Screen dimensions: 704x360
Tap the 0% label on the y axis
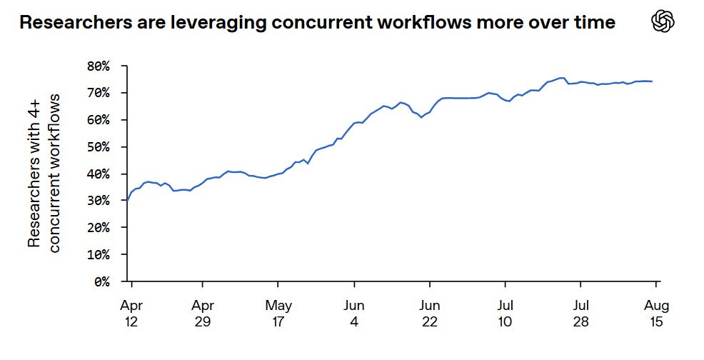click(x=101, y=282)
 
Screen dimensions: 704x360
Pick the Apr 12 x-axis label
click(x=131, y=314)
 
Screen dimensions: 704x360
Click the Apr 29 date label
click(x=203, y=314)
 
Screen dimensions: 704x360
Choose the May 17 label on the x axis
click(x=278, y=314)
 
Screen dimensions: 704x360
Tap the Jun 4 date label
click(x=354, y=314)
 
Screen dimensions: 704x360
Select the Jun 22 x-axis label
click(x=430, y=314)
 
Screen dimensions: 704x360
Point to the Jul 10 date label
click(x=505, y=314)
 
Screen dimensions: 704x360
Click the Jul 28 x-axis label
click(x=580, y=314)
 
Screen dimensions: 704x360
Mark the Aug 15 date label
click(x=656, y=314)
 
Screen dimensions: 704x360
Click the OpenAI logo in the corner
click(x=663, y=21)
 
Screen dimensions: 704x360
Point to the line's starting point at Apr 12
click(x=127, y=201)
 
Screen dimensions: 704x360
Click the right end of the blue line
click(x=652, y=81)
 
